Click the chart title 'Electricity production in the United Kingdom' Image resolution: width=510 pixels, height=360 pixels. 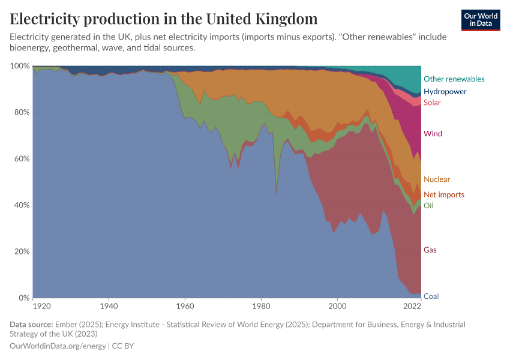click(163, 19)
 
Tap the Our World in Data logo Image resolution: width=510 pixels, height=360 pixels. click(481, 20)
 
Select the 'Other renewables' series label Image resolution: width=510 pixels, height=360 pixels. click(454, 79)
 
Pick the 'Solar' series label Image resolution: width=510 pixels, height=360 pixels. click(432, 103)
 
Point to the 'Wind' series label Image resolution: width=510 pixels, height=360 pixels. click(433, 134)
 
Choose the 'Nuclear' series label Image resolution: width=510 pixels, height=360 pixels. click(436, 179)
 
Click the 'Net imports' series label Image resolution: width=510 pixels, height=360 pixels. click(443, 194)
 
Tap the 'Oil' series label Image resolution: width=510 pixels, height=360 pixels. click(428, 206)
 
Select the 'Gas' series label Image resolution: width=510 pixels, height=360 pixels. click(430, 250)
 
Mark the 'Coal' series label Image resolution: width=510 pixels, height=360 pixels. click(431, 296)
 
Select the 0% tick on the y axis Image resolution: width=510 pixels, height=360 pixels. click(23, 298)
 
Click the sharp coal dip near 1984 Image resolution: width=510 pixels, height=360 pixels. click(276, 194)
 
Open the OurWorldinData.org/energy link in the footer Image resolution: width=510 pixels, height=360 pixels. click(58, 346)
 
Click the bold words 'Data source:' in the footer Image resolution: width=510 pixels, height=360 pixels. click(31, 325)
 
